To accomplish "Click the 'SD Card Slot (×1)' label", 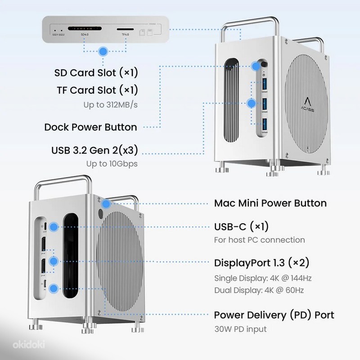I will tap(95, 72).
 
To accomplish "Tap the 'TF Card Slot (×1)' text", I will tap(95, 90).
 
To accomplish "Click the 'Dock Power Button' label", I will tap(90, 127).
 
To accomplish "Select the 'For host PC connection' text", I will tap(259, 240).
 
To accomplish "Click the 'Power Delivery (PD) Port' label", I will tap(274, 315).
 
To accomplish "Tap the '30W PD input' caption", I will tap(240, 329).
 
